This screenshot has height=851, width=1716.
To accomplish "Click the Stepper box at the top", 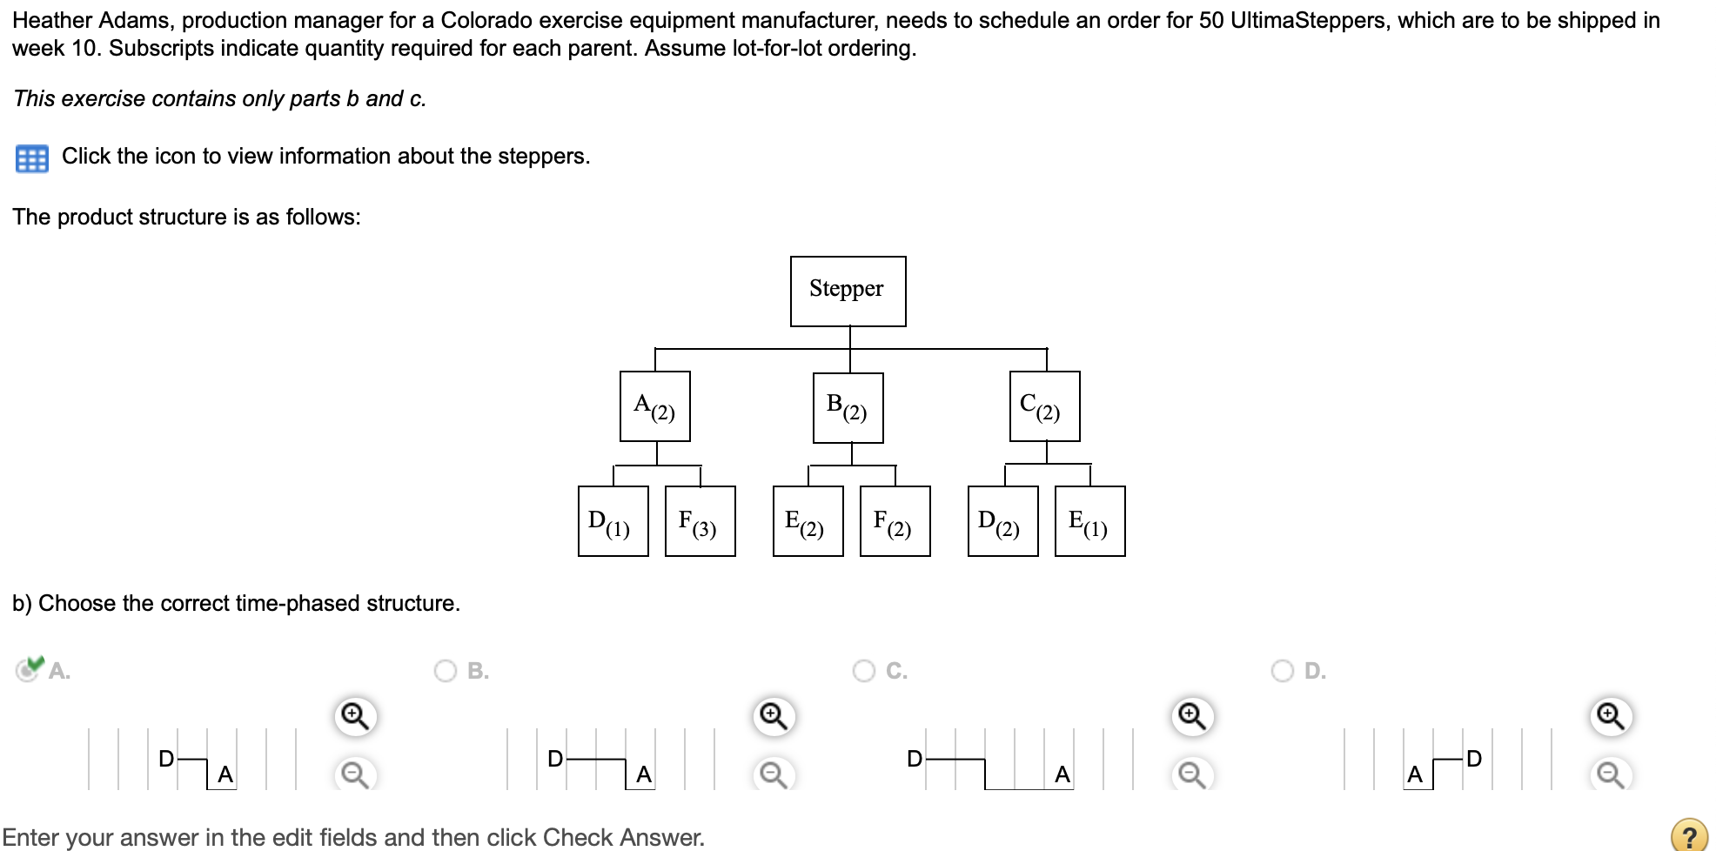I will click(848, 291).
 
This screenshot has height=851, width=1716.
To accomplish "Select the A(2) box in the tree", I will click(654, 406).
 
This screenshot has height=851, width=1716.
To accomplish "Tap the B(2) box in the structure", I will click(848, 407).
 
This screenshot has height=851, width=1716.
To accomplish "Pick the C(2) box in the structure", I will click(1044, 406).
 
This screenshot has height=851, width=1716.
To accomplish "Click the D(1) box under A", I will click(613, 521).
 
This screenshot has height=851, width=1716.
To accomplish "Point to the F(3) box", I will click(700, 521).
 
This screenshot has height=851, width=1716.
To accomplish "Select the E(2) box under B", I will click(808, 521).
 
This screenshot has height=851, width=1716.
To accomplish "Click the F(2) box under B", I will click(895, 521).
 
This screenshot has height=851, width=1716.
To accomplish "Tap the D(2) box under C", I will click(1002, 521).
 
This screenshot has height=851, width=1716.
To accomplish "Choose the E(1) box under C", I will click(1089, 521).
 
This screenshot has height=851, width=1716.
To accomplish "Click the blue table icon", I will click(32, 158).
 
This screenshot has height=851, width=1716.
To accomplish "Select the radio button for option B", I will click(446, 671).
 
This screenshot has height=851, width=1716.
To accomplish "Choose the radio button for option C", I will click(864, 671).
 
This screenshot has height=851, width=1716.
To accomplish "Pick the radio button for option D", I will click(1283, 671).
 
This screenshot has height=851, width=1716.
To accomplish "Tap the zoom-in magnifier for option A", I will click(355, 716).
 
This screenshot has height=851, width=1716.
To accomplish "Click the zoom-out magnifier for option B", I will click(774, 774).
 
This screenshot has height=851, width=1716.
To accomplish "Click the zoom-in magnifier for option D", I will click(1611, 716).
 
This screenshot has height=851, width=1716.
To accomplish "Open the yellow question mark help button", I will click(1689, 835).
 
